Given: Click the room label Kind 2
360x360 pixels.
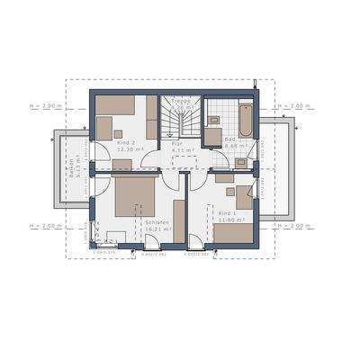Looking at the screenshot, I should (x=127, y=142).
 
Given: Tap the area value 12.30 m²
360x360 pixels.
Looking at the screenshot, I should (x=129, y=149).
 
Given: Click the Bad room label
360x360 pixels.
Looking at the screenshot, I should (x=230, y=139).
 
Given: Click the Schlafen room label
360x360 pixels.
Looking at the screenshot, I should (x=155, y=220).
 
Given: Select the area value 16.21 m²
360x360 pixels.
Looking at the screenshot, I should (x=156, y=229).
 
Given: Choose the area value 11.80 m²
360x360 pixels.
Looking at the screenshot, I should (x=231, y=220).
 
